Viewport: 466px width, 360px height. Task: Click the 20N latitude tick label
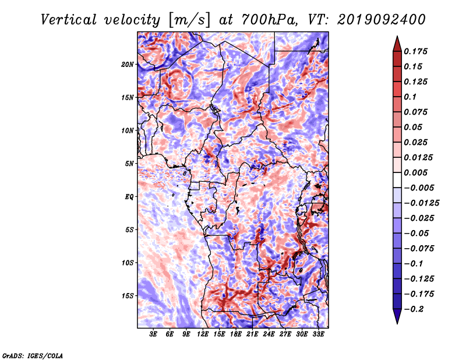[127, 65]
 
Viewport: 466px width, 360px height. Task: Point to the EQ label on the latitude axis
[129, 197]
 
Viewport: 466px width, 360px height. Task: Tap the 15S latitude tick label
[127, 296]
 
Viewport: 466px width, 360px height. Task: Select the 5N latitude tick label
[129, 164]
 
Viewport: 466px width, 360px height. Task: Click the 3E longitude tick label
[153, 334]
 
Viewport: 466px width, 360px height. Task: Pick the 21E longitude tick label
[252, 334]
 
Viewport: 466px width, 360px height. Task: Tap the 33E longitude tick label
[318, 334]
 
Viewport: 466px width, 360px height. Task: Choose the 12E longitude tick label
[202, 334]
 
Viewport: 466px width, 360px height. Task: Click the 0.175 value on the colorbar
[415, 51]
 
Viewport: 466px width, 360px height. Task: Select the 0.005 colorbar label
[415, 172]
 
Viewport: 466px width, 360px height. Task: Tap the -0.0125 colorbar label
[421, 203]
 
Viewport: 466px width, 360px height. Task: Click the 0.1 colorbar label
[410, 97]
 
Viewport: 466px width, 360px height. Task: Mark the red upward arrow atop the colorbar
[397, 44]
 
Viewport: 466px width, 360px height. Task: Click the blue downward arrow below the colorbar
[397, 316]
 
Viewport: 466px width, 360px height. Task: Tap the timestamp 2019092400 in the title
[382, 20]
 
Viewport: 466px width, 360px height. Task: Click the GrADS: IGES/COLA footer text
[33, 355]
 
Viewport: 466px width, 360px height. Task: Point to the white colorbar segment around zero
[397, 180]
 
